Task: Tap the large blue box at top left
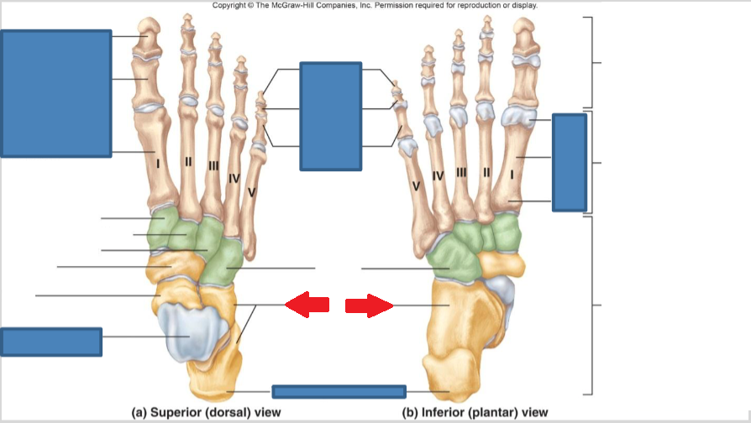pos(56,93)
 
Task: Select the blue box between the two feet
pos(330,116)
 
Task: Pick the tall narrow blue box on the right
pos(569,162)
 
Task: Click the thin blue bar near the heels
pos(339,391)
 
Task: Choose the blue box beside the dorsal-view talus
pos(51,342)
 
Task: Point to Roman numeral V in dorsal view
pos(251,192)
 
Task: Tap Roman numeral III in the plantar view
pos(461,172)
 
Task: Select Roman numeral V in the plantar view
pos(415,185)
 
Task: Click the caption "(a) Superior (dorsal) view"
pos(206,412)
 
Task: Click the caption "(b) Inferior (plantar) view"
pos(475,412)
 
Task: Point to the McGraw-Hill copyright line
pos(375,5)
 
